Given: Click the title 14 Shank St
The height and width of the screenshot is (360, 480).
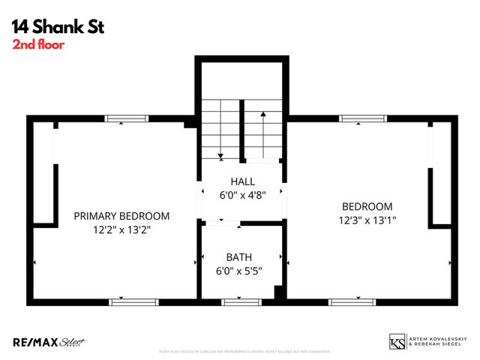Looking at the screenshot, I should pyautogui.click(x=58, y=28).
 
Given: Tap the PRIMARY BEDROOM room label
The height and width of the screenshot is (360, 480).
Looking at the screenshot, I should pyautogui.click(x=121, y=216).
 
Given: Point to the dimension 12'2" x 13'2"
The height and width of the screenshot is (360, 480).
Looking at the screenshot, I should pyautogui.click(x=121, y=230).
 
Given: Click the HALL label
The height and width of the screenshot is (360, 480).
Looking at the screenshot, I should pyautogui.click(x=242, y=181).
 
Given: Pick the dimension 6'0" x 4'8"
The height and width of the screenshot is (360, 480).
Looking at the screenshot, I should pyautogui.click(x=242, y=195).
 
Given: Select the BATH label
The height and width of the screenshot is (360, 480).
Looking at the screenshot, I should pyautogui.click(x=239, y=256).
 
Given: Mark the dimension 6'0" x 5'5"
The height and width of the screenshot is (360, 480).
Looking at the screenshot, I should pyautogui.click(x=239, y=270).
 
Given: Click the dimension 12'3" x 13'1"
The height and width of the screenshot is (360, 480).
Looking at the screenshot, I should pyautogui.click(x=367, y=220).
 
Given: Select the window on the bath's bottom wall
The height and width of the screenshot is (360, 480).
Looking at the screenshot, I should pyautogui.click(x=241, y=301).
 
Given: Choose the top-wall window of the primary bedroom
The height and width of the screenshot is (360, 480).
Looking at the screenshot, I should pyautogui.click(x=126, y=118).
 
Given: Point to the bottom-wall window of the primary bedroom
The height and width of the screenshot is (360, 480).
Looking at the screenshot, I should pyautogui.click(x=133, y=301).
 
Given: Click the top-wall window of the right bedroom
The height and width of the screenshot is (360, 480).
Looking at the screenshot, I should pyautogui.click(x=363, y=118).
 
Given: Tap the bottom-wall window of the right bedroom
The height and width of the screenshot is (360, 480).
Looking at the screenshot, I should pyautogui.click(x=352, y=301).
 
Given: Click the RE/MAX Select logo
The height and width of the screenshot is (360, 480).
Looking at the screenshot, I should pyautogui.click(x=49, y=342).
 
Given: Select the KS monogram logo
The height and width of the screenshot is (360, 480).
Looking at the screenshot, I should pyautogui.click(x=397, y=342).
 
